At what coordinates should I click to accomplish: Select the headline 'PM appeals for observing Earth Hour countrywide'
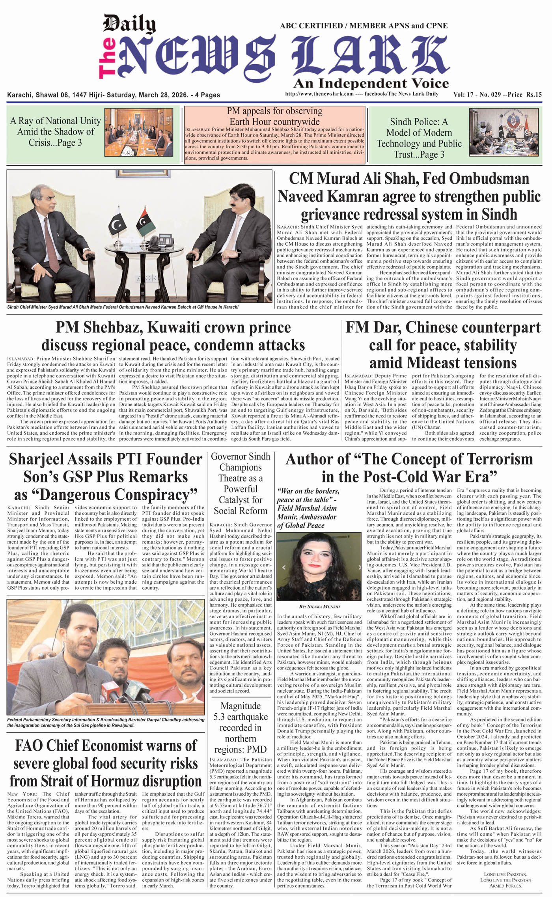coord(274,116)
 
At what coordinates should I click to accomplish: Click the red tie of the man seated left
coord(52,245)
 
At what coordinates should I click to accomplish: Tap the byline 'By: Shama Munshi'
coord(319,606)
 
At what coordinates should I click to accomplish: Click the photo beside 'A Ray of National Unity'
coord(139,133)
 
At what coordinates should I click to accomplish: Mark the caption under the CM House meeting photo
coord(123,307)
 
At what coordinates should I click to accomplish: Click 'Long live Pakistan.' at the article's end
coord(505,875)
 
